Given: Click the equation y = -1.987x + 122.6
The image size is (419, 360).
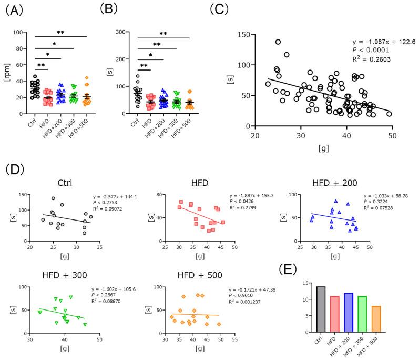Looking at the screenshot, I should (x=379, y=41).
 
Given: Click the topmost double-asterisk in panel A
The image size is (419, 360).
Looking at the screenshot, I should (x=60, y=33).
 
